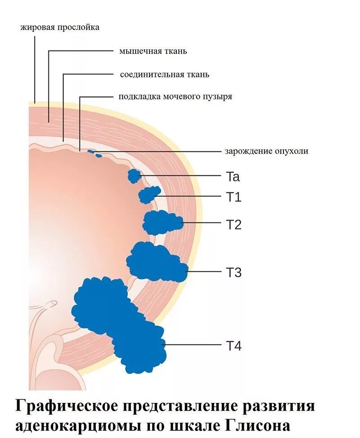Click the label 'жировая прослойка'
[60, 28]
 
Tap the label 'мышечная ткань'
[153, 51]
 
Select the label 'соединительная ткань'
[164, 75]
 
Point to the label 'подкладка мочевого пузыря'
[175, 97]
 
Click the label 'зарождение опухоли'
[266, 151]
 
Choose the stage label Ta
[233, 177]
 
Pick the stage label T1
[233, 197]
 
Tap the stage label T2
[234, 224]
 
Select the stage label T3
[234, 273]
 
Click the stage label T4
[234, 346]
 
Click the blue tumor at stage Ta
[134, 175]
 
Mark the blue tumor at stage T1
[149, 196]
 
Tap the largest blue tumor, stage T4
[119, 319]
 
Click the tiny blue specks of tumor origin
[94, 154]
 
